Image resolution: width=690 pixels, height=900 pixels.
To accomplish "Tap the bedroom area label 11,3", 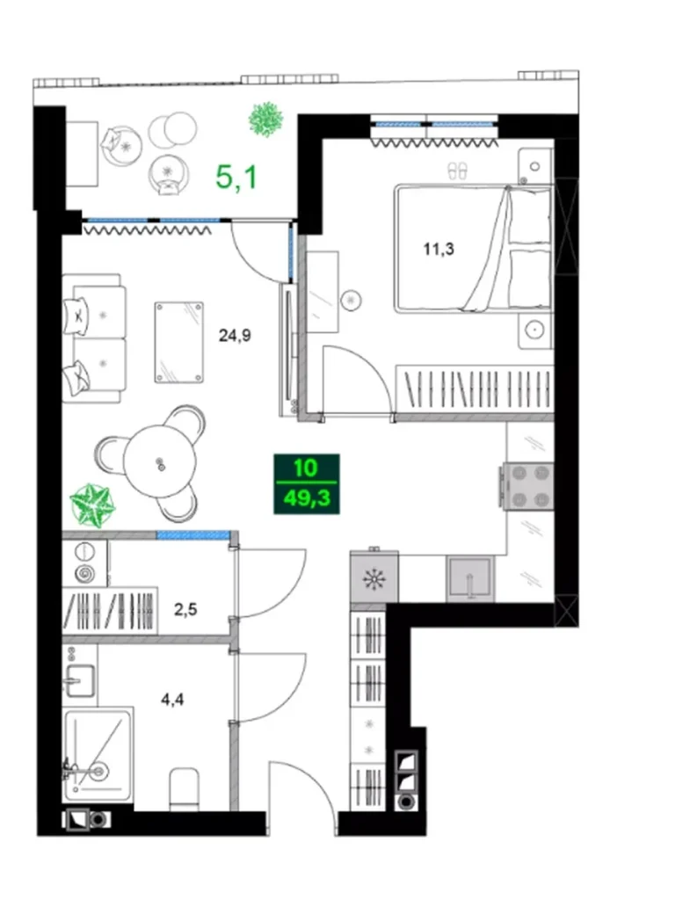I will click(x=439, y=249).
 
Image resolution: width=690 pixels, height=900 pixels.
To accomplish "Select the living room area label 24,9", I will click(x=235, y=333).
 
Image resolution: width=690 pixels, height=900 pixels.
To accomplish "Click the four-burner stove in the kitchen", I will click(x=527, y=485).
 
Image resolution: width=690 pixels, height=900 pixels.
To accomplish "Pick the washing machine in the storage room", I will click(x=84, y=563).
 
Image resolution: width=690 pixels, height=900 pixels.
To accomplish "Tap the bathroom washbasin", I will click(x=81, y=678).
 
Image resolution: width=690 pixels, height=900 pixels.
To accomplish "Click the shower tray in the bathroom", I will click(x=97, y=754).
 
